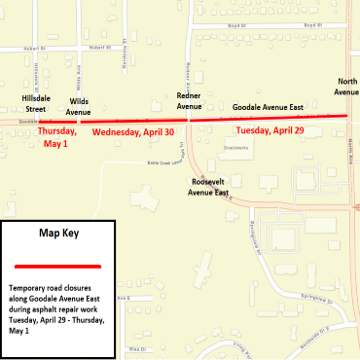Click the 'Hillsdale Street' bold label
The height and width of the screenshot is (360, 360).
pos(42,104)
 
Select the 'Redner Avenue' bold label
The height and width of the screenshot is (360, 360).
pos(190,101)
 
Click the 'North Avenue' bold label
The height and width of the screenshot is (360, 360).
pos(346,86)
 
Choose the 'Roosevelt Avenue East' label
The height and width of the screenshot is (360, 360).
pos(208,187)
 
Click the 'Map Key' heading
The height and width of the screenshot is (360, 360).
pos(58,234)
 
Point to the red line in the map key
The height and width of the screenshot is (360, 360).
pos(58,265)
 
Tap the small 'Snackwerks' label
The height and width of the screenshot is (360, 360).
pos(234,148)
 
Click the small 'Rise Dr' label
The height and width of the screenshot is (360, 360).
pos(136,347)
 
